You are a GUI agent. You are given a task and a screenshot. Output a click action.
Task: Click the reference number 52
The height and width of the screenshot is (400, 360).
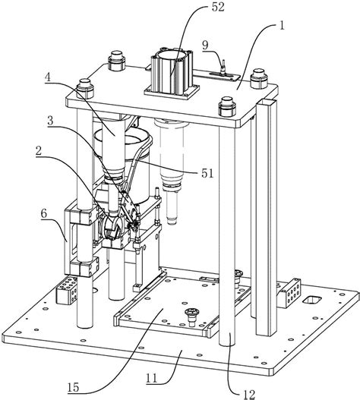[218, 7]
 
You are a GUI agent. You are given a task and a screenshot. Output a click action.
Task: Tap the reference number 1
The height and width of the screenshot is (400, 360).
[282, 26]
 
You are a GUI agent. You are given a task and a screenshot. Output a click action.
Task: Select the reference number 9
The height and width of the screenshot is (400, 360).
[205, 46]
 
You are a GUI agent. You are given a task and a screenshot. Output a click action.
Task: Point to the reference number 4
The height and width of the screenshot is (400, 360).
[48, 77]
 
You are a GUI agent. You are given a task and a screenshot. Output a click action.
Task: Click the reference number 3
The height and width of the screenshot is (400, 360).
[51, 121]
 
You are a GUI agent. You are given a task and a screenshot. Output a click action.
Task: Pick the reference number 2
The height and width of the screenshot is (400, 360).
[39, 151]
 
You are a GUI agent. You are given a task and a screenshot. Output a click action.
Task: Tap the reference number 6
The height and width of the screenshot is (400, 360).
[44, 213]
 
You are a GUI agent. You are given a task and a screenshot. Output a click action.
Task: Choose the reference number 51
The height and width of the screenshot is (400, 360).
[207, 174]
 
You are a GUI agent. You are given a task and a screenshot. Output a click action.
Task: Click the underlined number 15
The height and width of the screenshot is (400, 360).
[73, 388]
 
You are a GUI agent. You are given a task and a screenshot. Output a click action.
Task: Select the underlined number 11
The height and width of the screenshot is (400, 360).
[152, 378]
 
